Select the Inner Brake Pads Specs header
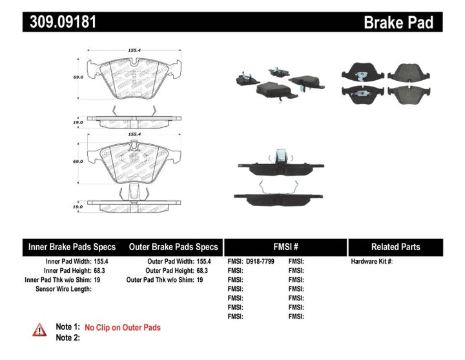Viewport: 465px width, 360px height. tap(72, 247)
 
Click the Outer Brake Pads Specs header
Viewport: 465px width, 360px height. tap(173, 247)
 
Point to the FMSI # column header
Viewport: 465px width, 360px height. tap(285, 247)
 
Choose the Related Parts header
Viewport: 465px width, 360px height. tap(395, 247)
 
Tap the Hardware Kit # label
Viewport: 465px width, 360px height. tap(371, 262)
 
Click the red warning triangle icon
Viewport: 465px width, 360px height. tap(39, 330)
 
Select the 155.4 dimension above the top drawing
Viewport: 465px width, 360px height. tap(134, 48)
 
